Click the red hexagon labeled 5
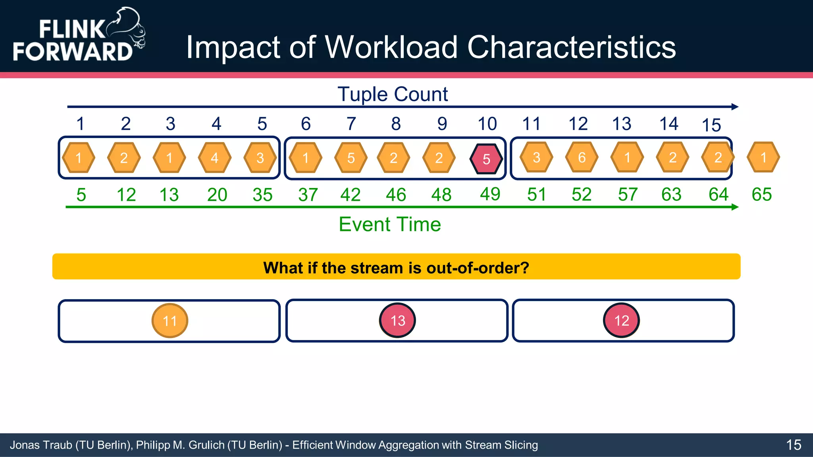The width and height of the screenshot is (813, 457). tap(486, 159)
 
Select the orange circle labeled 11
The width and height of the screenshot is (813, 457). tap(170, 321)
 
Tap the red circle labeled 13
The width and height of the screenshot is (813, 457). tap(397, 321)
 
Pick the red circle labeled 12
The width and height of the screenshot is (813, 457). tap(622, 321)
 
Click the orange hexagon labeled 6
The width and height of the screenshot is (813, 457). tap(582, 157)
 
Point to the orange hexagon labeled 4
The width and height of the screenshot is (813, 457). tap(214, 158)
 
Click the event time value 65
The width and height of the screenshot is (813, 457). tap(761, 194)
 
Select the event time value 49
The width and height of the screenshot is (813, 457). tap(490, 194)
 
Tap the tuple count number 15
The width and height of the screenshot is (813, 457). tap(711, 125)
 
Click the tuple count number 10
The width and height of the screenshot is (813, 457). tap(487, 124)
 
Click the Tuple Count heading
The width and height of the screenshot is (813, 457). tap(393, 94)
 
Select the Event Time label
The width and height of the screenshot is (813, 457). tap(389, 225)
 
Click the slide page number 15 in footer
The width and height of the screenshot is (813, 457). tap(794, 445)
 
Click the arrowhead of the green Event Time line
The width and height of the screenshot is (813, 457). tap(735, 207)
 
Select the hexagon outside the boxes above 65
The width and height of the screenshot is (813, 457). tap(763, 157)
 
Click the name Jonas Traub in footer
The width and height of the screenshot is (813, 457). tap(40, 445)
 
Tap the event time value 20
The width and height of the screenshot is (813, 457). tap(217, 195)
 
